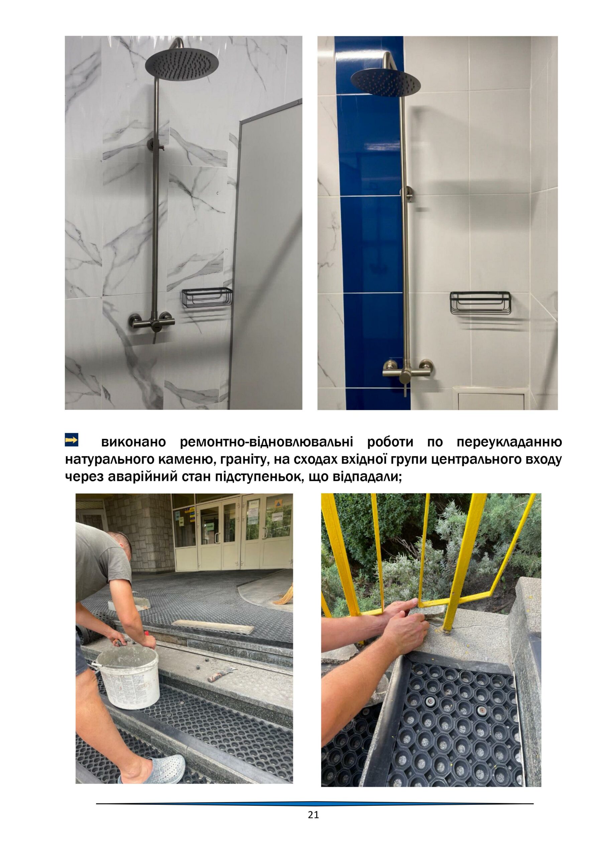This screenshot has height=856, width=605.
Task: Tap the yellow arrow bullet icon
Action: pyautogui.click(x=72, y=440)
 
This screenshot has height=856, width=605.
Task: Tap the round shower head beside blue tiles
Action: pyautogui.click(x=385, y=82)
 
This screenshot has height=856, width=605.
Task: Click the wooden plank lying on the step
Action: pyautogui.click(x=213, y=626)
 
